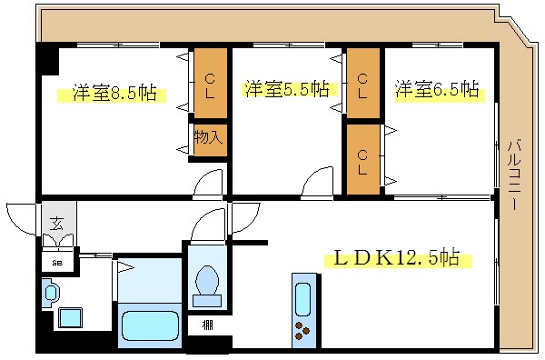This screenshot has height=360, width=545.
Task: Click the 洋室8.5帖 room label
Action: [114, 93]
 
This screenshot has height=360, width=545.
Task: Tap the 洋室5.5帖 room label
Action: [285, 89]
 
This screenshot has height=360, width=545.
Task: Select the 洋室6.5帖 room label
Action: [437, 89]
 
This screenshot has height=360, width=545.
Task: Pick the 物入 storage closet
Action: [207, 138]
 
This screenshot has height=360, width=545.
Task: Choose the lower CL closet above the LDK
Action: [362, 158]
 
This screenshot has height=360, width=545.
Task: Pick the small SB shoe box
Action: [56, 263]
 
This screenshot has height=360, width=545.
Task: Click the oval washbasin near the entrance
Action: [51, 292]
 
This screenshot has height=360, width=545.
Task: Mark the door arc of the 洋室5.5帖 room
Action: [318, 180]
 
